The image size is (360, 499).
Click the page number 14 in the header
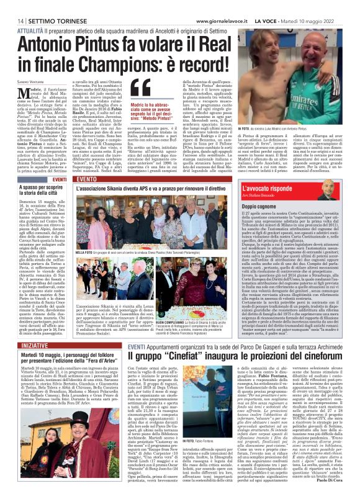(12, 6)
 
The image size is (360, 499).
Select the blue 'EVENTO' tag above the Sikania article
(87, 180)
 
